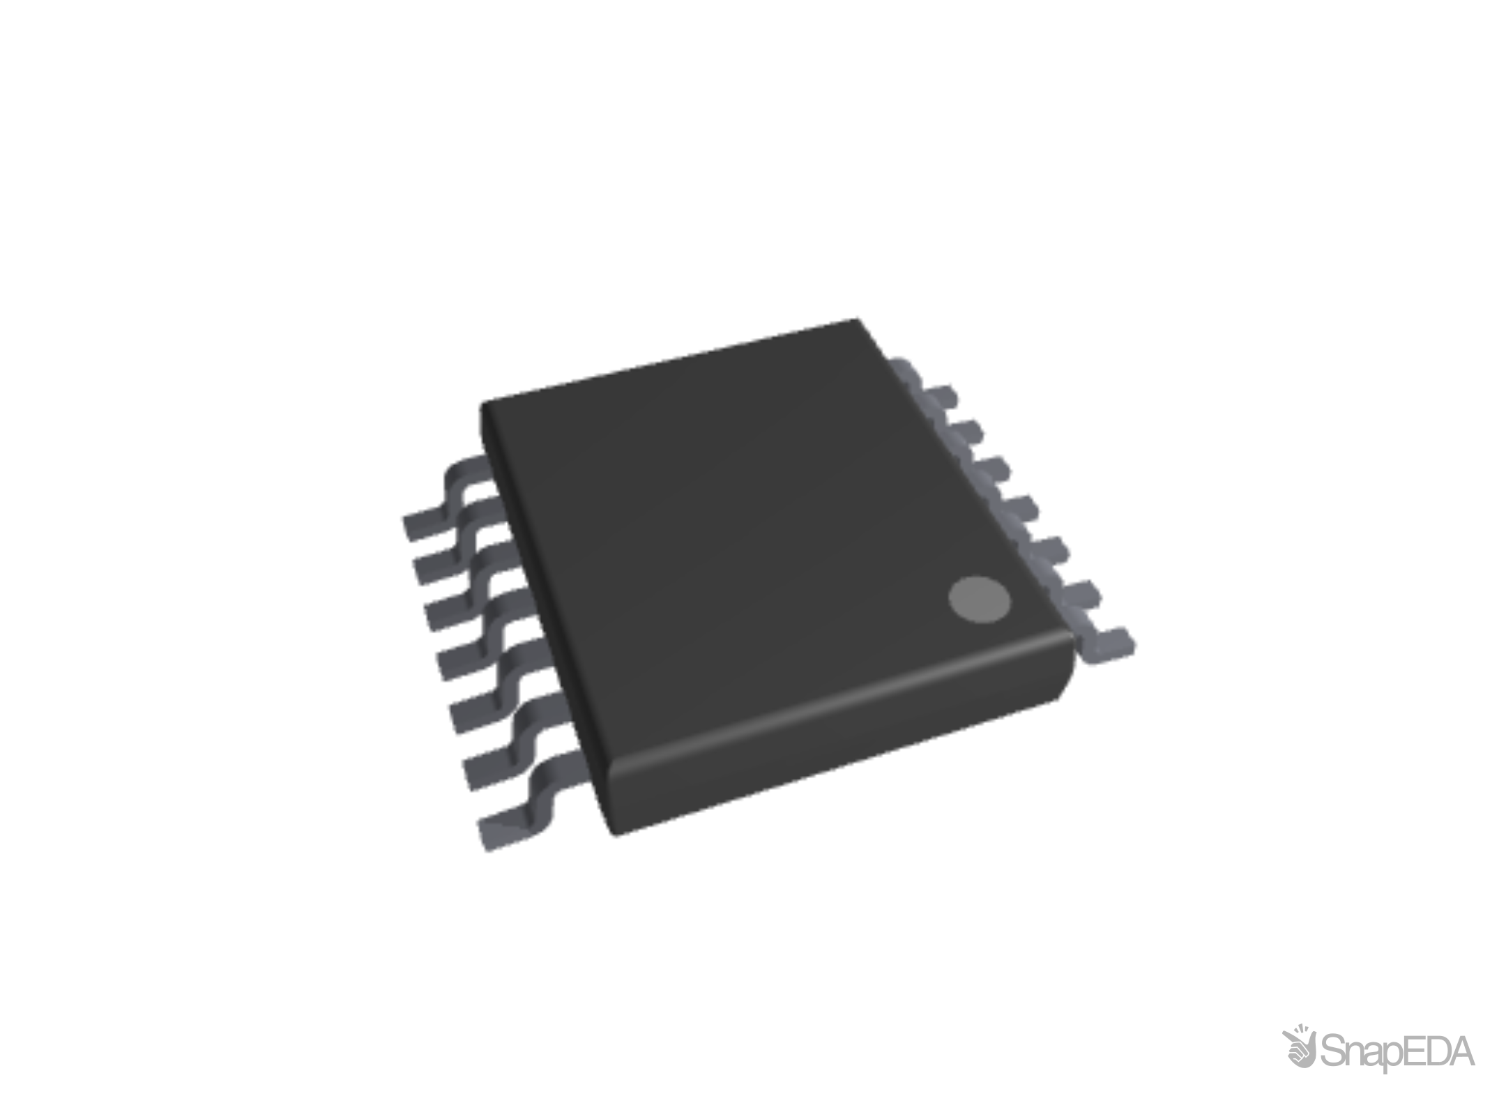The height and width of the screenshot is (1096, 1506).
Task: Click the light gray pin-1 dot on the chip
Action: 979,600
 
